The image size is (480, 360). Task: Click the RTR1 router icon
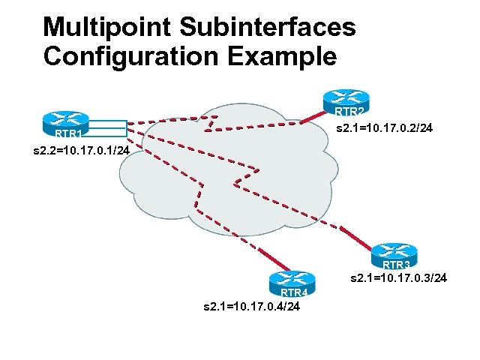pyautogui.click(x=65, y=121)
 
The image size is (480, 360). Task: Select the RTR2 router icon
pyautogui.click(x=344, y=100)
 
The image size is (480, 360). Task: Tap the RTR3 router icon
pyautogui.click(x=394, y=253)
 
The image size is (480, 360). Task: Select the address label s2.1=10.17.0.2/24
pyautogui.click(x=383, y=129)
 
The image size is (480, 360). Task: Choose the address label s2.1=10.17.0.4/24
pyautogui.click(x=252, y=306)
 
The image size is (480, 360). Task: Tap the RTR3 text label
pyautogui.click(x=397, y=265)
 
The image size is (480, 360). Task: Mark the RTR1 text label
pyautogui.click(x=68, y=134)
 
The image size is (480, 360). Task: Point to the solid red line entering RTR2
pyautogui.click(x=314, y=117)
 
